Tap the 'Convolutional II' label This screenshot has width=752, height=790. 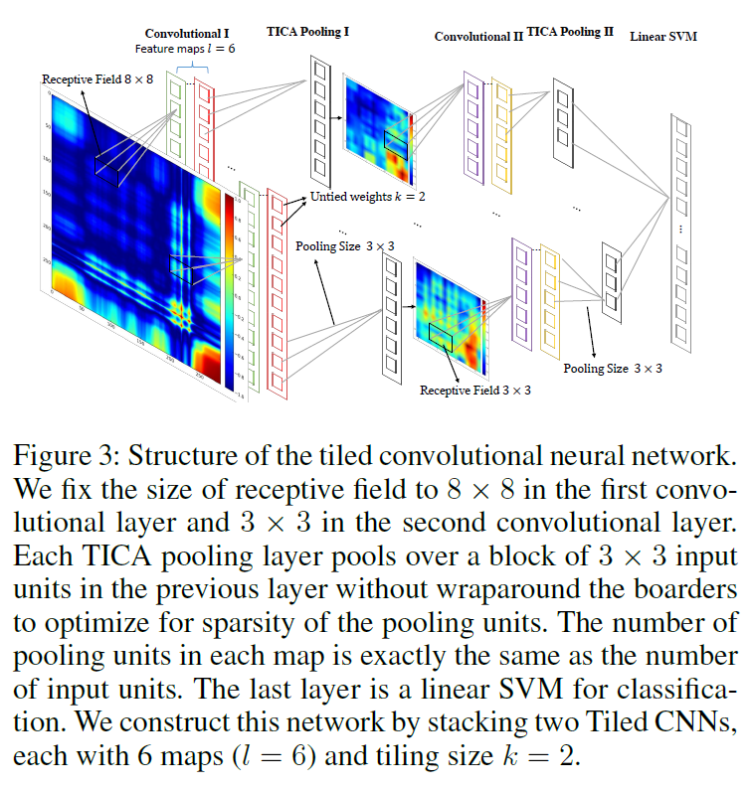tap(478, 37)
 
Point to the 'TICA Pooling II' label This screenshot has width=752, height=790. tap(571, 33)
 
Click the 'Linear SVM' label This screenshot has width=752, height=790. tap(663, 37)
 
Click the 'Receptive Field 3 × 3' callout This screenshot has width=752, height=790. tap(475, 391)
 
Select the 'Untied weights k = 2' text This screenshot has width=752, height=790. tap(368, 197)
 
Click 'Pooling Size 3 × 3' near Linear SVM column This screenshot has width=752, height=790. tap(613, 369)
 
